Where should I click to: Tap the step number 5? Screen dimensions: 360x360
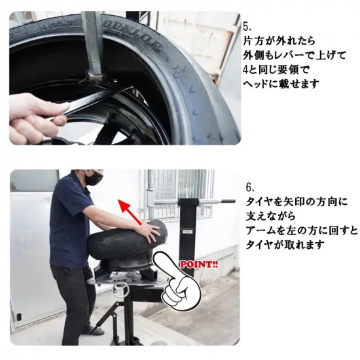[247, 27]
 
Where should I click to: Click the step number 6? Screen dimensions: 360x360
[250, 187]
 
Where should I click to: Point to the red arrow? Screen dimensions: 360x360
[130, 212]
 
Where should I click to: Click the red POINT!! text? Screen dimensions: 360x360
[199, 264]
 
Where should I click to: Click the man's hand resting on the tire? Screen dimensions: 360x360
[150, 230]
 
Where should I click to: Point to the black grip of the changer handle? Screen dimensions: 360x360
[228, 201]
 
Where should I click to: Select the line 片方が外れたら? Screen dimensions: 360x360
[279, 41]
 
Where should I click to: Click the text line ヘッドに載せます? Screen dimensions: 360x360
[281, 84]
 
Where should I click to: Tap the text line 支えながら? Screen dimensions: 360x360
[271, 216]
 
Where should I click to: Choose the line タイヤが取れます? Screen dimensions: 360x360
[285, 245]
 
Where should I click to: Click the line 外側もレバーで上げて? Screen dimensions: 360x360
[295, 56]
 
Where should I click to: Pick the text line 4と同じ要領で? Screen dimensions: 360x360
[276, 69]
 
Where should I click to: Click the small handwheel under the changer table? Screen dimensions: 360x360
[121, 288]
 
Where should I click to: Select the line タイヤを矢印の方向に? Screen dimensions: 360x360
[297, 202]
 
